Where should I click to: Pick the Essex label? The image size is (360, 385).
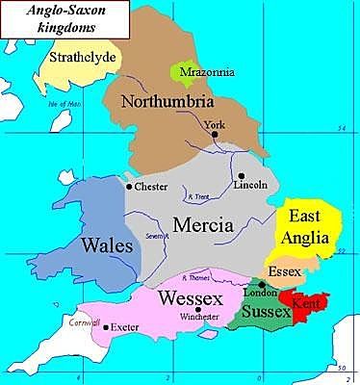coord(286,272)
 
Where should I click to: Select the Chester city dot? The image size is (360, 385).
coord(129,186)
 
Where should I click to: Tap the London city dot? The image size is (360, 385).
coord(262,285)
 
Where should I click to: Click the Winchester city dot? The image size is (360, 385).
coord(197,309)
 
